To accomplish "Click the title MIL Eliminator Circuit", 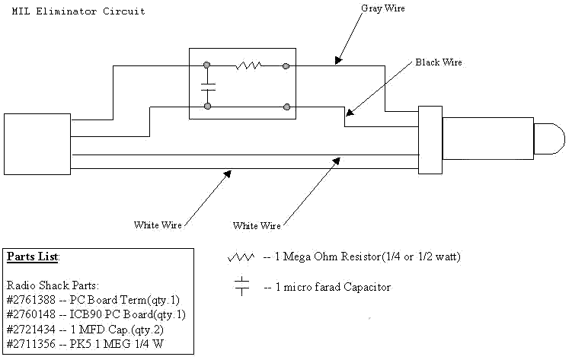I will [79, 12].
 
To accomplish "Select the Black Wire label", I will [438, 62].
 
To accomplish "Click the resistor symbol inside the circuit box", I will [248, 66].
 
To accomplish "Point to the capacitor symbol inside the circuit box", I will [207, 86].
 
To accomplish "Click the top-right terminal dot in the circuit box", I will [286, 66].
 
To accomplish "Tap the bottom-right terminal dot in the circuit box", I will [286, 107].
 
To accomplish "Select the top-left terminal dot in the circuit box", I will [207, 66].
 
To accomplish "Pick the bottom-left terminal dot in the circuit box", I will [207, 107].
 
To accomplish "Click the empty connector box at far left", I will [37, 144].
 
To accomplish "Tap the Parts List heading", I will [33, 256].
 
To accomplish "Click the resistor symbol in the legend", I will [241, 257].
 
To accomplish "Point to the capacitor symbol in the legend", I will [242, 287].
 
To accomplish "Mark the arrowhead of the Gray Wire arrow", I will [336, 62].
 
